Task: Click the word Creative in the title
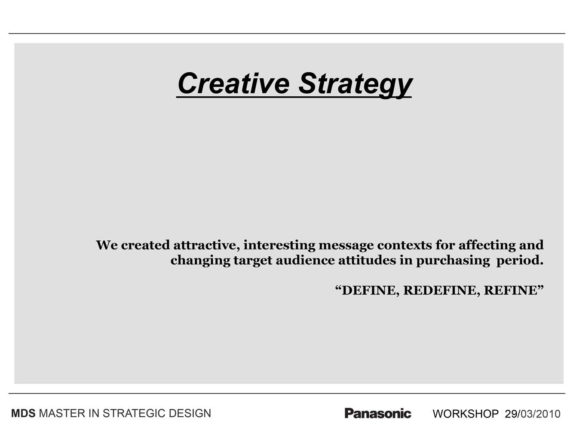coord(234,83)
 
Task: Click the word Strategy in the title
coord(355,85)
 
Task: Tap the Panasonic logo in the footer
coord(378,413)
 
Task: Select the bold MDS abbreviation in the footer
coord(23,413)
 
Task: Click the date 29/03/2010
coord(533,414)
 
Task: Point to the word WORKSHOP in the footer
coord(466,414)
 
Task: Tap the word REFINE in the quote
coord(511,290)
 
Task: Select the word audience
coord(305,260)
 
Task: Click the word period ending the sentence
coord(520,261)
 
